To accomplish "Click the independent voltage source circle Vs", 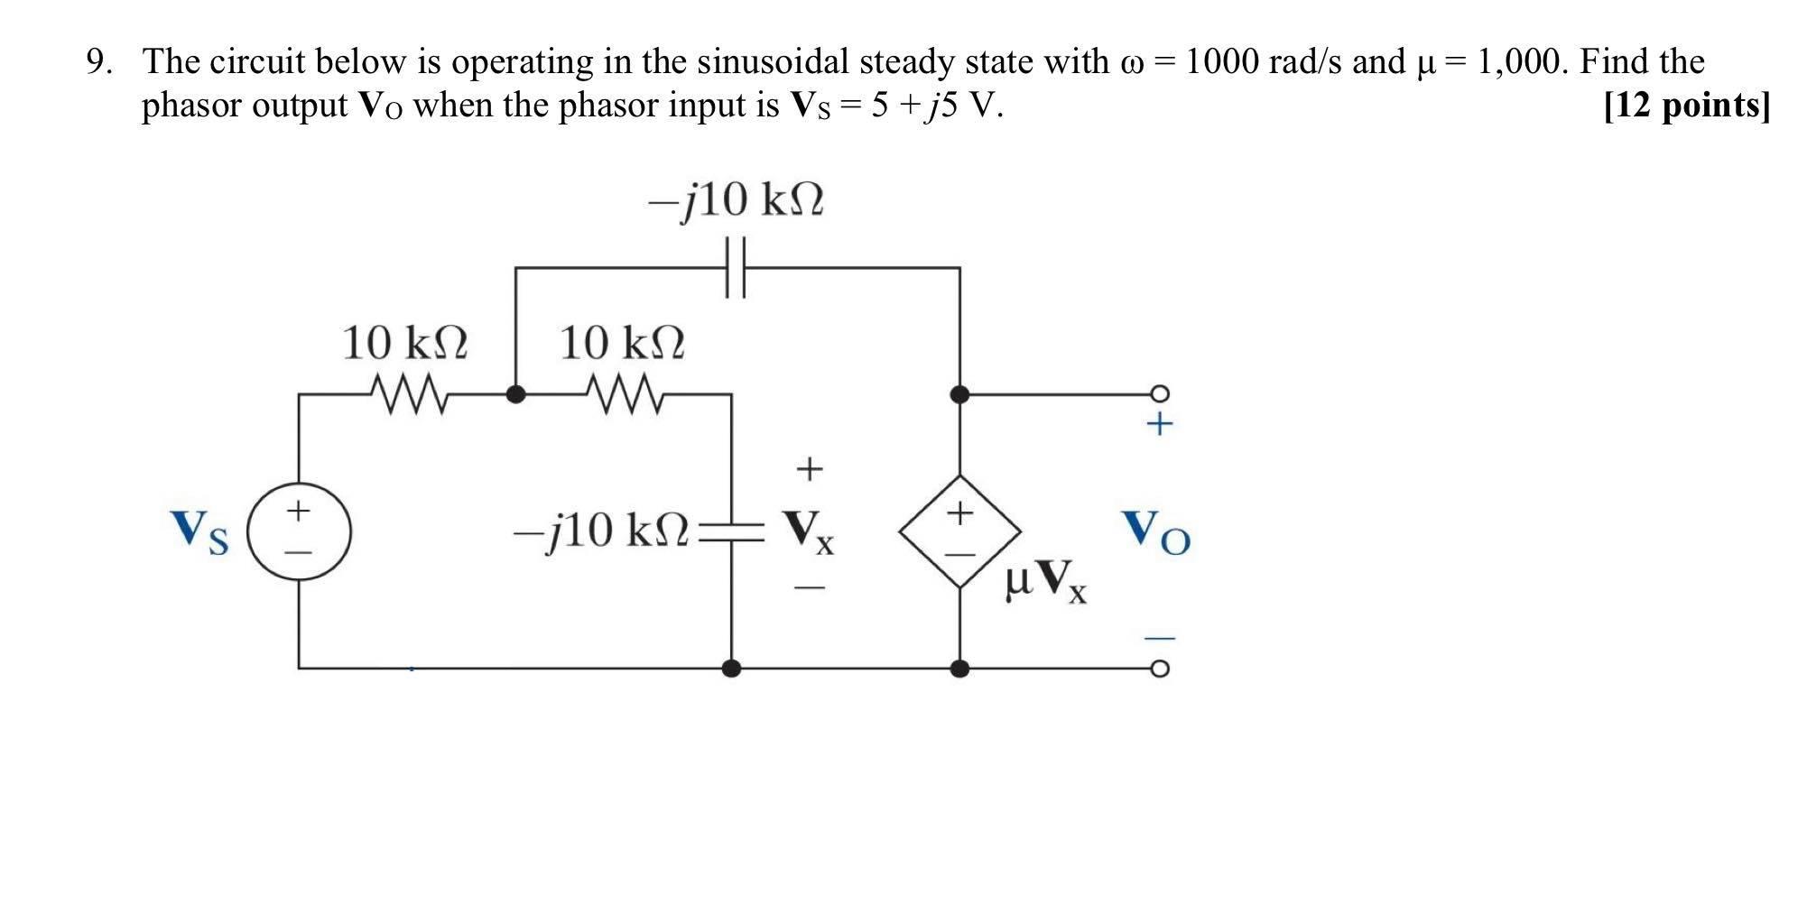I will point(299,531).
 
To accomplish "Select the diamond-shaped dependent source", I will point(959,531).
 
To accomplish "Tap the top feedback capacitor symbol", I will point(736,267).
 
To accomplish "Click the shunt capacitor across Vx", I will point(732,531).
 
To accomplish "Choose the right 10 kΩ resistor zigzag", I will point(625,394).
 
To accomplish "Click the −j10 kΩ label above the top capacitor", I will point(736,200).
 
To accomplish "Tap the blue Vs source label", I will point(199,531).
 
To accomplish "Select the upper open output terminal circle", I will point(1160,393).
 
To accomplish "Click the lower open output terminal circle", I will point(1160,669).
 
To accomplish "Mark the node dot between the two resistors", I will point(515,394).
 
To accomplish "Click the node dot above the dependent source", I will point(959,394).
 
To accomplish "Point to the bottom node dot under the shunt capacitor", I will point(732,669).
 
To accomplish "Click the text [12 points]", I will point(1686,106).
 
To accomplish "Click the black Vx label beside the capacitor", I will point(809,531).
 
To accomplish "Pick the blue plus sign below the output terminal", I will point(1160,423).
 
